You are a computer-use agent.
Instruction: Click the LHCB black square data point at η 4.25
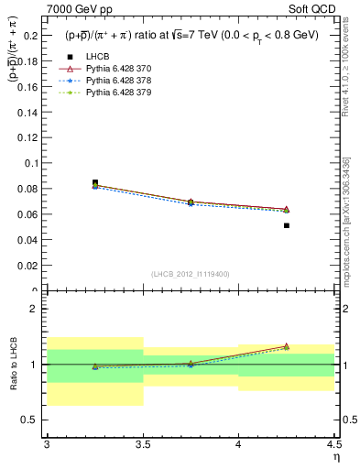tap(287, 225)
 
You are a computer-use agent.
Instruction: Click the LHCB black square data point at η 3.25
tap(95, 182)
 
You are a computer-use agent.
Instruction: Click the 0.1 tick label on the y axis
tap(31, 163)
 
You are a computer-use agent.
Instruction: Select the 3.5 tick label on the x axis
tap(143, 446)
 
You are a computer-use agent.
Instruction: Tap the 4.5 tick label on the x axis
tap(333, 446)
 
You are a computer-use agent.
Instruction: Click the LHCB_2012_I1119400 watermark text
tap(191, 274)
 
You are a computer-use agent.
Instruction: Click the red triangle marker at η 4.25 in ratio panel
tap(287, 346)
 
